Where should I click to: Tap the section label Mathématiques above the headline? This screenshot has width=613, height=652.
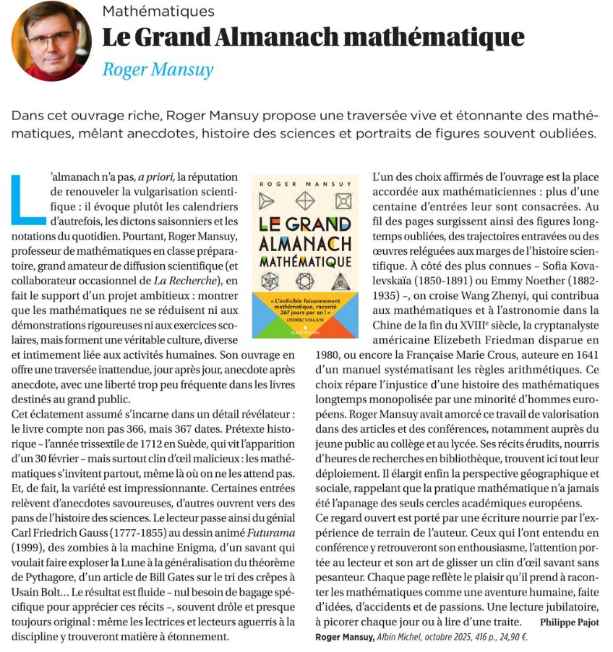pyautogui.click(x=158, y=11)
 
